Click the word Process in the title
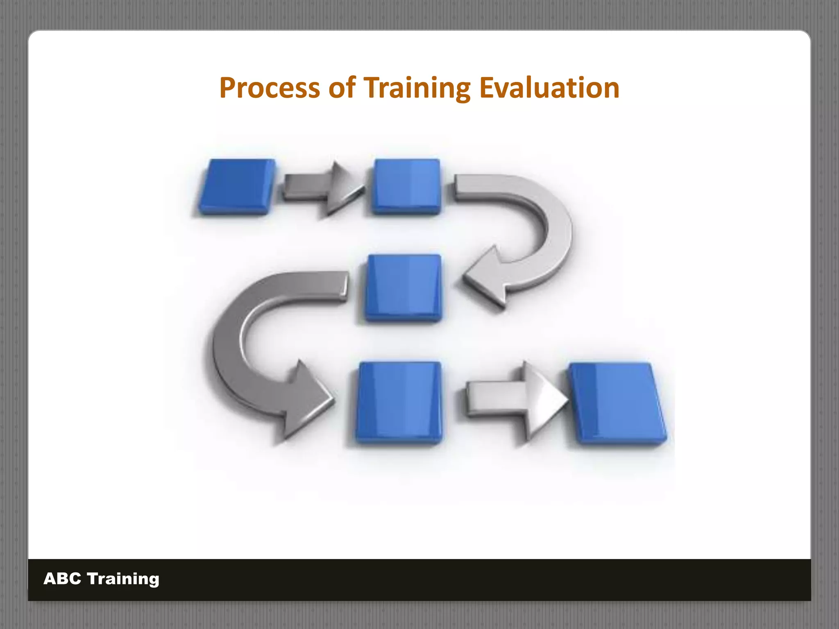pos(269,88)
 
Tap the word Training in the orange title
pos(417,88)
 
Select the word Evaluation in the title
pos(549,88)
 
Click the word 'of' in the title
pos(341,88)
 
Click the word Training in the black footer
pos(123,579)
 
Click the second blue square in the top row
pos(406,186)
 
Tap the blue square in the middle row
pos(403,287)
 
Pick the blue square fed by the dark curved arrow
pos(399,402)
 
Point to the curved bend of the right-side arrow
pos(557,233)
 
